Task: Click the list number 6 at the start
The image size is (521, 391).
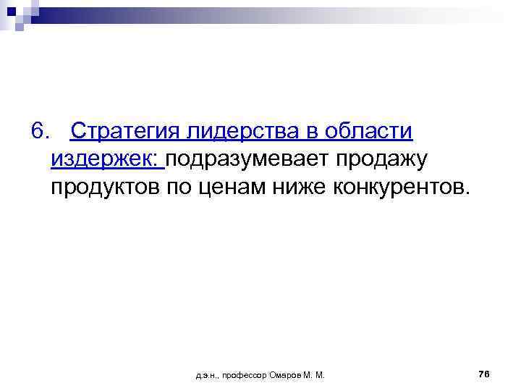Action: click(38, 132)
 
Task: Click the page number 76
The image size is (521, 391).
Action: click(484, 374)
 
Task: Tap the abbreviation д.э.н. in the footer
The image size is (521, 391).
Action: click(206, 375)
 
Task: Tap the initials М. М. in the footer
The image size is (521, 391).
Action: click(315, 375)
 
